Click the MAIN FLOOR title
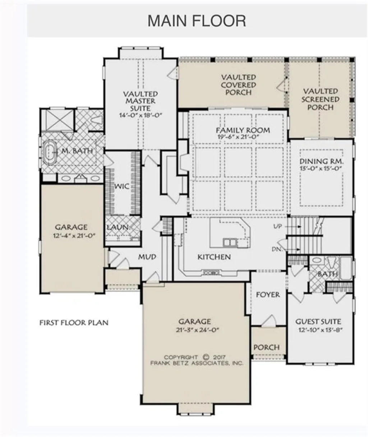[x=197, y=21]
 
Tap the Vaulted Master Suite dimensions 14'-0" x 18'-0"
[x=141, y=115]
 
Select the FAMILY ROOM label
[x=243, y=130]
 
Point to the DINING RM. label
[x=322, y=161]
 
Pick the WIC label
[x=121, y=186]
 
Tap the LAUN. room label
[x=118, y=227]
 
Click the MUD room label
[x=147, y=257]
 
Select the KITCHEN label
[x=214, y=257]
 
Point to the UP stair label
[x=277, y=226]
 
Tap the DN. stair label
[x=277, y=249]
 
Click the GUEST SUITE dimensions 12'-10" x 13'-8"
[x=321, y=330]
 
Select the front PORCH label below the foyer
[x=267, y=348]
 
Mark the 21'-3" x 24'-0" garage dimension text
[x=197, y=330]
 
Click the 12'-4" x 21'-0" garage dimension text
[x=74, y=236]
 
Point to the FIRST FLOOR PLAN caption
[x=74, y=322]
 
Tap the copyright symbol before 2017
[x=206, y=357]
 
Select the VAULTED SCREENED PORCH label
[x=321, y=99]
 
